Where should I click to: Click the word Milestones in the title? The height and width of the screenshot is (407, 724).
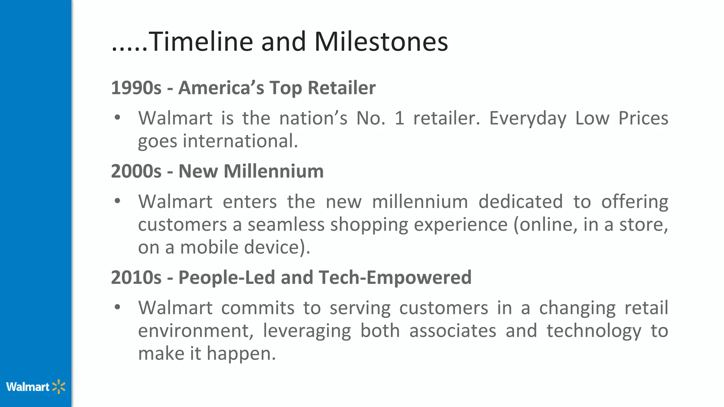click(x=381, y=42)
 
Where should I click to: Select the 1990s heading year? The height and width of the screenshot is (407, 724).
click(x=136, y=88)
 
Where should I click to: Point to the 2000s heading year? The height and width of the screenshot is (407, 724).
click(x=136, y=171)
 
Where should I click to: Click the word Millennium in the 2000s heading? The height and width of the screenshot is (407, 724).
click(x=274, y=171)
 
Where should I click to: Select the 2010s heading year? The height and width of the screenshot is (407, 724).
click(x=136, y=277)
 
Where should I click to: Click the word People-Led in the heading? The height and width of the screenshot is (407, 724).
click(x=227, y=277)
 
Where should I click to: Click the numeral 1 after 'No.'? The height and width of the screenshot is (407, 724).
click(x=399, y=118)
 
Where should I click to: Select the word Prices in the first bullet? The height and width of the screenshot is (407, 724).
click(x=643, y=118)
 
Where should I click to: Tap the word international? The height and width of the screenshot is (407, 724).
click(x=240, y=141)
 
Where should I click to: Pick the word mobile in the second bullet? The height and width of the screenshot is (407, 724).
click(x=209, y=247)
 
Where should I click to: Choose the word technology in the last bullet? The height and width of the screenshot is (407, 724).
click(x=594, y=331)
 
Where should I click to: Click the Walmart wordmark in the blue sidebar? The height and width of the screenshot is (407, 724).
click(x=28, y=387)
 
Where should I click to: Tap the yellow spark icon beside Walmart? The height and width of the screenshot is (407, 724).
click(x=59, y=387)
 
